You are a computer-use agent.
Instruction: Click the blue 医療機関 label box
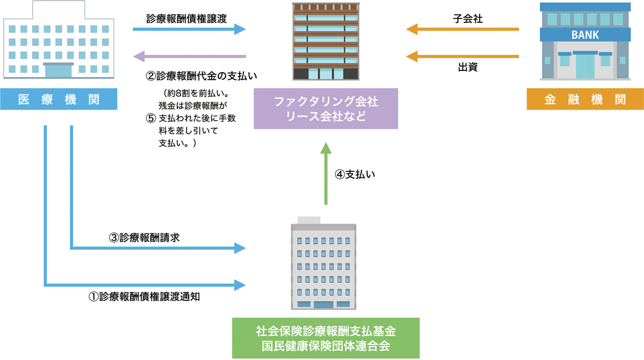click(x=58, y=99)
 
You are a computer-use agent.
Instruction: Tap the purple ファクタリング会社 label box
click(x=325, y=109)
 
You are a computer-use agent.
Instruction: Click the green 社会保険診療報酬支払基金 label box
click(x=325, y=338)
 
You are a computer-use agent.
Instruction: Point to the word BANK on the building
click(x=585, y=35)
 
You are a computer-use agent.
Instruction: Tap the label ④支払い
click(x=355, y=175)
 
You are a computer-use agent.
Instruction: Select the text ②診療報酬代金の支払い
click(x=199, y=75)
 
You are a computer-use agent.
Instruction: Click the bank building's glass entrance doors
click(x=585, y=65)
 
